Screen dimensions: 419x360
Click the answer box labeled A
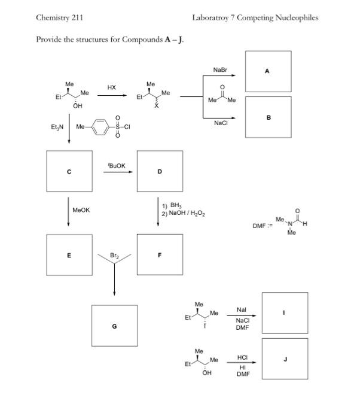click(268, 72)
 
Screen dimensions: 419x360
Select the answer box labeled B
click(268, 118)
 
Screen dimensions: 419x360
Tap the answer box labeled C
click(69, 171)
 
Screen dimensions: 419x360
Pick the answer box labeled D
click(159, 171)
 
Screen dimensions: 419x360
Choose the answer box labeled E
click(69, 254)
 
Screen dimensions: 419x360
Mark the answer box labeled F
click(159, 254)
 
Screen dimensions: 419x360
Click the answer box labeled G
click(114, 326)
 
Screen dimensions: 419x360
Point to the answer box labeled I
click(285, 313)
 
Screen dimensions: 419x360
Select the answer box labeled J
click(285, 359)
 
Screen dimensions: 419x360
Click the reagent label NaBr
click(220, 70)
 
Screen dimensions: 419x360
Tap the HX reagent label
click(112, 87)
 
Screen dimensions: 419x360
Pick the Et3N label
click(58, 127)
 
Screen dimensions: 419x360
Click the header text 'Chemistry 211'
click(59, 18)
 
